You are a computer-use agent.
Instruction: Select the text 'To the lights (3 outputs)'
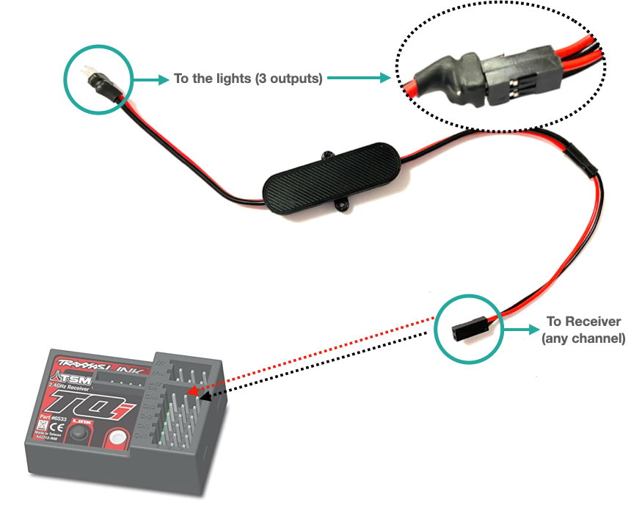[x=248, y=79]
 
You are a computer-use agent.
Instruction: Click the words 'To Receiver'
[x=583, y=322]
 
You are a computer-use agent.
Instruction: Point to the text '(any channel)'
[x=583, y=338]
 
